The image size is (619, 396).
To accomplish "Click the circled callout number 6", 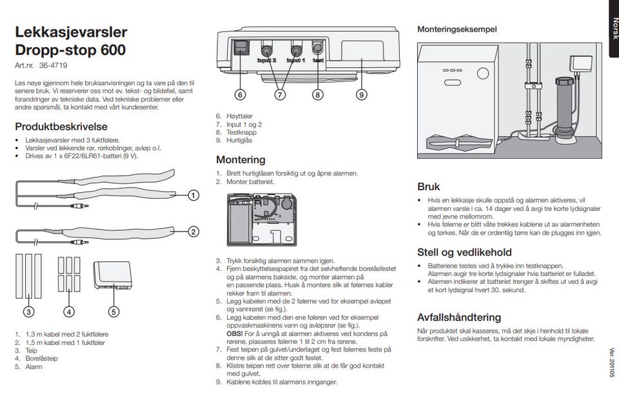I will [x=240, y=94].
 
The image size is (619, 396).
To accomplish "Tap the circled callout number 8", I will [x=317, y=94].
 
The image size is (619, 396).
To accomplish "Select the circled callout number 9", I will [x=361, y=94].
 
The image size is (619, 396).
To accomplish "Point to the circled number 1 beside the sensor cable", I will [x=193, y=195].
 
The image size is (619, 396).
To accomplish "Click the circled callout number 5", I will [x=113, y=312].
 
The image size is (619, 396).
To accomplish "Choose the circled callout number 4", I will [x=68, y=312].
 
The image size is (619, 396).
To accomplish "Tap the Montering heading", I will [x=241, y=159].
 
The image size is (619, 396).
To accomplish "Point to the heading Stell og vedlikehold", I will [x=464, y=252].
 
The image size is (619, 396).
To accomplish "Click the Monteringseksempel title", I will [x=457, y=30].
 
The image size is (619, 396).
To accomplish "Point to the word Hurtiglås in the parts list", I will [x=240, y=140].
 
